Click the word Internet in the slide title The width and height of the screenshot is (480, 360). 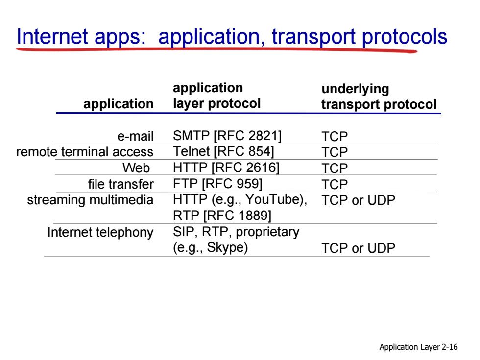pyautogui.click(x=52, y=36)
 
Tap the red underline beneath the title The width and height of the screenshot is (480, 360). pyautogui.click(x=216, y=50)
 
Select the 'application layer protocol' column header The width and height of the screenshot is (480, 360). pyautogui.click(x=216, y=96)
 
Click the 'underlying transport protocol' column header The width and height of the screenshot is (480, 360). pyautogui.click(x=379, y=96)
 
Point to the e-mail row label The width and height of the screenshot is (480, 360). pyautogui.click(x=135, y=136)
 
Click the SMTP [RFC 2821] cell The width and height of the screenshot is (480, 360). pyautogui.click(x=227, y=136)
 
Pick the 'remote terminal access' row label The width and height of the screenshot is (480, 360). pyautogui.click(x=85, y=152)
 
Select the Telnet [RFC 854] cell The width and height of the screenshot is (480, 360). pyautogui.click(x=223, y=151)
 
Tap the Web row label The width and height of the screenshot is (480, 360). pyautogui.click(x=136, y=168)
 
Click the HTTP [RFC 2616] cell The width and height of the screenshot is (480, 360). pyautogui.click(x=226, y=168)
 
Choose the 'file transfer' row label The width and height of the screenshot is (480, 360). pyautogui.click(x=121, y=184)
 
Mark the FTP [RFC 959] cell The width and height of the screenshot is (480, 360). pyautogui.click(x=217, y=184)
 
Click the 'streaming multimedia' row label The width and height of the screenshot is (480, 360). pyautogui.click(x=90, y=200)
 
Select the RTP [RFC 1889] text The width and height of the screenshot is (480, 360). pyautogui.click(x=222, y=216)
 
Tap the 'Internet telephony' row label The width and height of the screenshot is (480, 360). pyautogui.click(x=100, y=232)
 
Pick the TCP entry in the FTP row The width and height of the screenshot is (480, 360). pyautogui.click(x=335, y=185)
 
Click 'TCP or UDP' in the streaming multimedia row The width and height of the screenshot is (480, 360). pyautogui.click(x=359, y=200)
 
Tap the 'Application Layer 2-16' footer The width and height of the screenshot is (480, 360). pyautogui.click(x=418, y=347)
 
